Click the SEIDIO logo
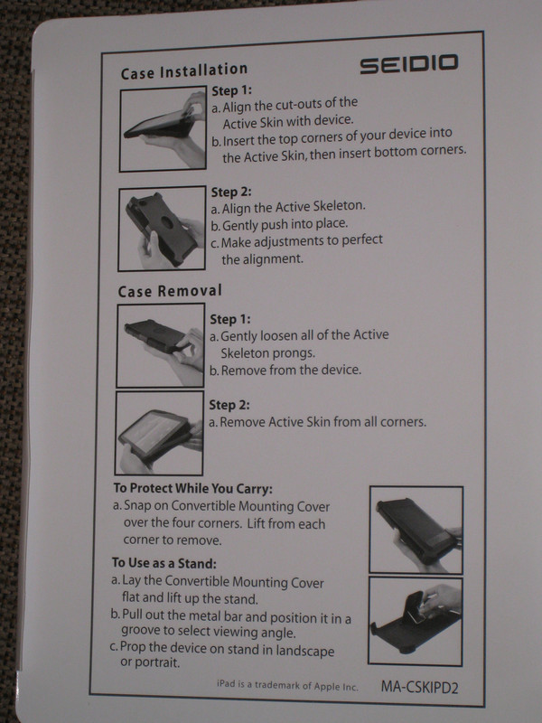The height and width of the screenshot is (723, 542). pos(409,63)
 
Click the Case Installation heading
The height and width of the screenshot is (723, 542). pos(184,71)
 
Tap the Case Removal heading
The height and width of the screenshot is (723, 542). pos(170,291)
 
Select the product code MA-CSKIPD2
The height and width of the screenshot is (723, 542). pos(419,687)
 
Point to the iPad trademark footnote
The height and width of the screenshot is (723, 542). pos(287,685)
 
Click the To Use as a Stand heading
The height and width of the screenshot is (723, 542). pos(164,563)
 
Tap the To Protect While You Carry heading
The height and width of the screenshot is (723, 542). pos(193,488)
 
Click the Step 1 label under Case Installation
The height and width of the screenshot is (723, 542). pos(231,91)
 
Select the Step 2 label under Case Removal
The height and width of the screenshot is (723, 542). pos(229,405)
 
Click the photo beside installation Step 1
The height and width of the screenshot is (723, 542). pos(163,129)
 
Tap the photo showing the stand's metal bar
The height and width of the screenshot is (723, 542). pos(416,621)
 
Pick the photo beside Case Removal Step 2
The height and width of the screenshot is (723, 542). pos(159,433)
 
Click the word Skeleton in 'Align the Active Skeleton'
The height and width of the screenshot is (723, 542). pos(340,206)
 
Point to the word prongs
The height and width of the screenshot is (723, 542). pos(293,353)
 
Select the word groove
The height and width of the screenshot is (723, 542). pos(139,631)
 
